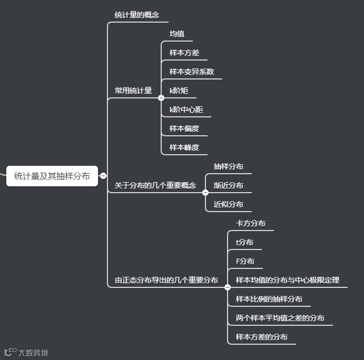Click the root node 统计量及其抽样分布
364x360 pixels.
click(52, 176)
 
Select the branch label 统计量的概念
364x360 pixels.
click(137, 15)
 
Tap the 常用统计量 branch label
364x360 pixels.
click(133, 91)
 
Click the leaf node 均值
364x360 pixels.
click(177, 34)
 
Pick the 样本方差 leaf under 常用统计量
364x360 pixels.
click(184, 53)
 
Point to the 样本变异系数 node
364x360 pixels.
click(192, 72)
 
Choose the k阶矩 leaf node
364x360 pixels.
click(179, 91)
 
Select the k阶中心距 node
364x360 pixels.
click(186, 109)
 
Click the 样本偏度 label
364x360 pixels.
click(184, 128)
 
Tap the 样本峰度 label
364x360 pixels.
click(184, 147)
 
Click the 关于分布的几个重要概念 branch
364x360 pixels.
click(155, 185)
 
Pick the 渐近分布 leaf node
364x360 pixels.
click(229, 185)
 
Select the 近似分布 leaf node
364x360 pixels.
click(229, 204)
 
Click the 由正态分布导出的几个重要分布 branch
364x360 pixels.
click(166, 280)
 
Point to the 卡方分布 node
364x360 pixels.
click(251, 223)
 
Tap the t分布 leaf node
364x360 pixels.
click(244, 242)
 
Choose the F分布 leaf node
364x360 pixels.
click(245, 261)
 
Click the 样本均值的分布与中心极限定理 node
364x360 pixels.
click(288, 280)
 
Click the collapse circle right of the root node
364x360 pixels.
click(103, 176)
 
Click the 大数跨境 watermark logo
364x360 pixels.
click(26, 353)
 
